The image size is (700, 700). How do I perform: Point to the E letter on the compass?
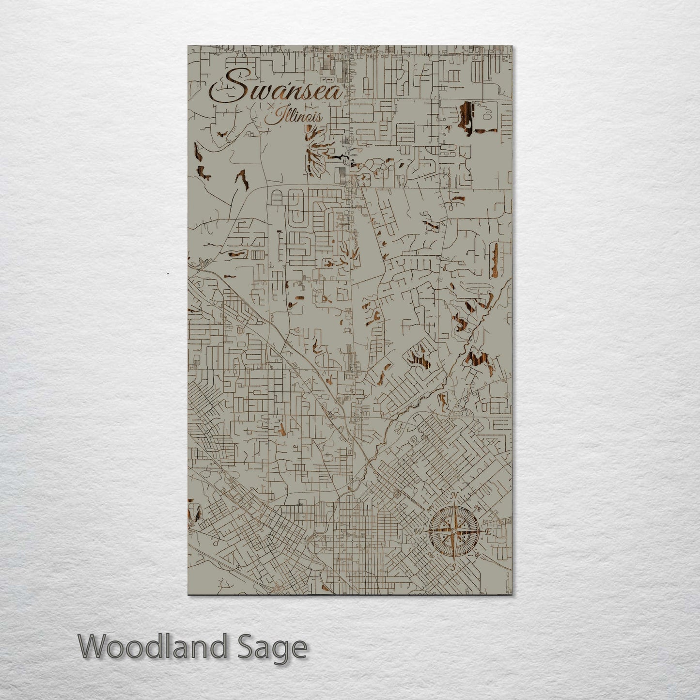tap(489, 531)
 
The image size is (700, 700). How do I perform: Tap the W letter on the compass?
tap(418, 531)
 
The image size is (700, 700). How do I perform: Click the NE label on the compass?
tap(479, 508)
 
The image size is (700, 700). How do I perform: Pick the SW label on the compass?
tap(429, 555)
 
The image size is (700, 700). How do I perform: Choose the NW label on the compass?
tap(429, 509)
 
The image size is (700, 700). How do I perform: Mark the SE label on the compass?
tap(478, 555)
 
